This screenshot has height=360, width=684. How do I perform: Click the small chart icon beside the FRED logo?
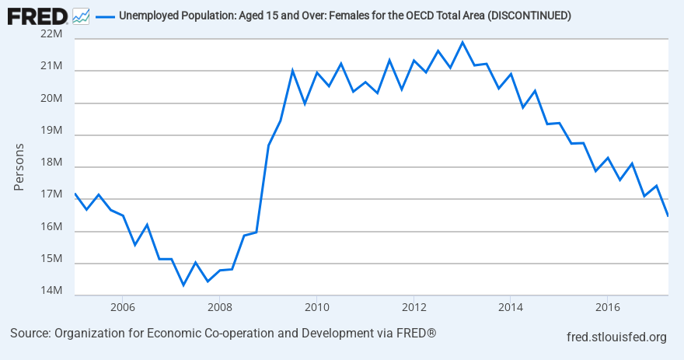[x=80, y=15]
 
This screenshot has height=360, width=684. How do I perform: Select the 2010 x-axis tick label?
[x=316, y=306]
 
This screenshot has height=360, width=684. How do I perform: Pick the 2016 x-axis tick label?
[x=607, y=306]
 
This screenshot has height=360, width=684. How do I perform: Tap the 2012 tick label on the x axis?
[x=414, y=306]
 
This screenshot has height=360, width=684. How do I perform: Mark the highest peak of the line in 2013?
[x=462, y=42]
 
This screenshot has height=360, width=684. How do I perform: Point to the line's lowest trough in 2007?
[x=183, y=285]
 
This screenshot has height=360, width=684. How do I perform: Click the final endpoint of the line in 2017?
[x=668, y=215]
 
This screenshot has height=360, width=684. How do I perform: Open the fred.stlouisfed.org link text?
[x=617, y=337]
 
